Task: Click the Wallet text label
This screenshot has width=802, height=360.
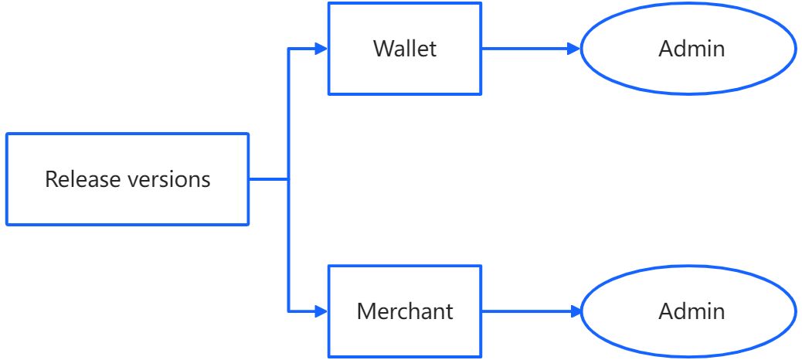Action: coord(405,49)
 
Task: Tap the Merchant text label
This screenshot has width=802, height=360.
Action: coord(405,311)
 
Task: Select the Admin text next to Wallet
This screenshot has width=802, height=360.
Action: coord(692,49)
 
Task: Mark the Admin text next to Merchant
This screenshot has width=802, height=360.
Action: coord(692,311)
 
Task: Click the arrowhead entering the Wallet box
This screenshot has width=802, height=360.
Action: coord(321,49)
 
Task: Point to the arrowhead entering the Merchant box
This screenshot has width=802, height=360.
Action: coord(321,311)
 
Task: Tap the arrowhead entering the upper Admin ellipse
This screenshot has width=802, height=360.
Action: coord(573,49)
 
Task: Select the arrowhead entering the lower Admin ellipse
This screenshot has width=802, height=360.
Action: coord(573,311)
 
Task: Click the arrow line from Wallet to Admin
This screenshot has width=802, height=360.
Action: coord(525,49)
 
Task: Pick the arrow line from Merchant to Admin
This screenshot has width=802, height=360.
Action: coord(525,311)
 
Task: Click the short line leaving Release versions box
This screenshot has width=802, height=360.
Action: coord(269,179)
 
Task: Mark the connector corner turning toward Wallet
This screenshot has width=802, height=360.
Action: coord(289,49)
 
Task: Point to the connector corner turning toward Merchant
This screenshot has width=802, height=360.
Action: coord(289,311)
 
